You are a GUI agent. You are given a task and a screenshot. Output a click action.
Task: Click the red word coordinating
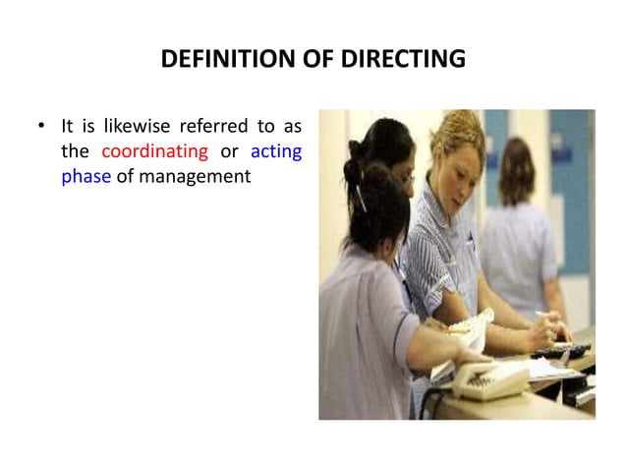tap(155, 151)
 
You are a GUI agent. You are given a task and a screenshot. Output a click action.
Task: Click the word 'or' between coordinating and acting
tap(231, 151)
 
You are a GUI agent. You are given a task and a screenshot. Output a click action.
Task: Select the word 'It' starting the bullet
tap(68, 126)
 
